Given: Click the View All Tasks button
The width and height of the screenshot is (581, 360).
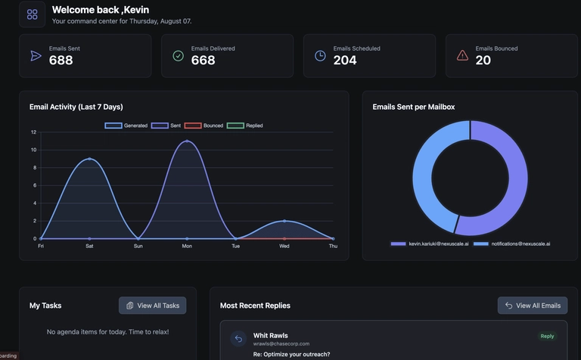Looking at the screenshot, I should (x=152, y=306).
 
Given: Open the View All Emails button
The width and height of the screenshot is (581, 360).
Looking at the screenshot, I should (x=533, y=306).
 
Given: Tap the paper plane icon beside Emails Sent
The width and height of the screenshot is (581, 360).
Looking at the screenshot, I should (x=36, y=55).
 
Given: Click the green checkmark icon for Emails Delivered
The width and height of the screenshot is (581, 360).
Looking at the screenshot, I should (x=178, y=55).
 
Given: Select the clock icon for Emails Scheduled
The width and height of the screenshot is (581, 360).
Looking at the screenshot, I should (x=320, y=55).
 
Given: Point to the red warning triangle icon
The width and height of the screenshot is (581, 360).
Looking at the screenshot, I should (x=462, y=55).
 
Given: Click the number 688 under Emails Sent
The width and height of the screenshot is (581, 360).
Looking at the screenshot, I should (x=61, y=61).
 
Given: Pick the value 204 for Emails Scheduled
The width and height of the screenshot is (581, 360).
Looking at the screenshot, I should (x=345, y=61).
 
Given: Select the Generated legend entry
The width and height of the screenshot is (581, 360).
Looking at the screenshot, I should (x=126, y=126).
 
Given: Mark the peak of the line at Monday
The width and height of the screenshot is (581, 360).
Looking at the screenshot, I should (x=187, y=141).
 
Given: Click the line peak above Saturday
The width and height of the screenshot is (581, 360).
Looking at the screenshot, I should (x=89, y=159).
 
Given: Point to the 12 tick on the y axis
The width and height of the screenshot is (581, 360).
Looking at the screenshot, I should (x=33, y=132).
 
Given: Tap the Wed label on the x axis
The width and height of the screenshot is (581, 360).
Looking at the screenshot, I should (x=284, y=246).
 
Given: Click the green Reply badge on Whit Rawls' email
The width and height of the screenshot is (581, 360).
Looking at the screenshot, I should (x=547, y=336).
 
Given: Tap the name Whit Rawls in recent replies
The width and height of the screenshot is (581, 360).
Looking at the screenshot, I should (x=271, y=335).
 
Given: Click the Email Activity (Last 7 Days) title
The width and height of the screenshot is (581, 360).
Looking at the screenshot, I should (x=76, y=107).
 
